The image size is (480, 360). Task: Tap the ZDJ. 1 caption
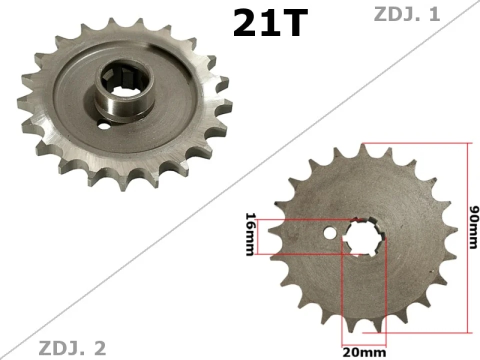407,14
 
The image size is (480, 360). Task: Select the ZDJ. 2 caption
72,348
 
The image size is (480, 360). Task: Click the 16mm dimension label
249,233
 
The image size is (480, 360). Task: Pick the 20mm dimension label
364,352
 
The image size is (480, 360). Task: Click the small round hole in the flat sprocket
329,233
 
